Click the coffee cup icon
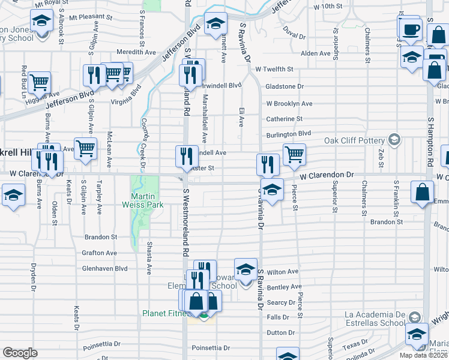coord(411,30)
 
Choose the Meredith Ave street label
coord(136,52)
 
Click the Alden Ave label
coord(316,53)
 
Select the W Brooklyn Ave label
coord(289,103)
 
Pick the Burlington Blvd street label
coord(289,133)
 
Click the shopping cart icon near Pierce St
coord(294,154)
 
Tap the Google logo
coord(20,352)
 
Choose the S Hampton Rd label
coord(430,142)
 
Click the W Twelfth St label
coord(274,70)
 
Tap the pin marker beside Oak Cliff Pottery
coord(394,140)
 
